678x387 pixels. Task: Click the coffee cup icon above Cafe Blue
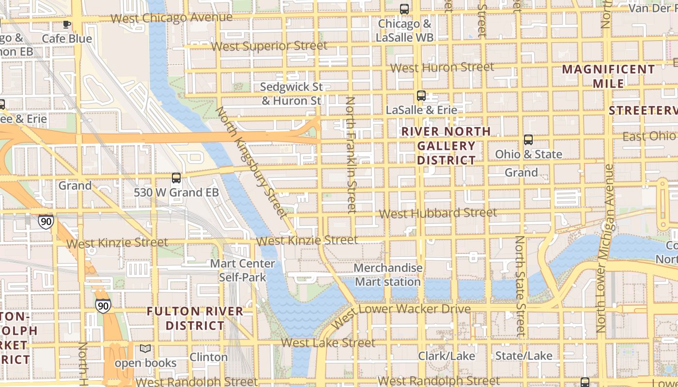pyautogui.click(x=67, y=24)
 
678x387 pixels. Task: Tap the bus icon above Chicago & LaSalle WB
pyautogui.click(x=404, y=9)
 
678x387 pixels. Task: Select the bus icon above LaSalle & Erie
pyautogui.click(x=421, y=96)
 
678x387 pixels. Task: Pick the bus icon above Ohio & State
pyautogui.click(x=528, y=140)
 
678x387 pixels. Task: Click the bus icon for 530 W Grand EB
pyautogui.click(x=176, y=178)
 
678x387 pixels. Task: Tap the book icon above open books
pyautogui.click(x=145, y=348)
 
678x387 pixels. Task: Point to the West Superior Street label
pyautogui.click(x=269, y=46)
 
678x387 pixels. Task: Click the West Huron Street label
pyautogui.click(x=442, y=68)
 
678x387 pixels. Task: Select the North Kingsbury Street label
pyautogui.click(x=251, y=162)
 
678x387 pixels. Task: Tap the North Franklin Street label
pyautogui.click(x=351, y=155)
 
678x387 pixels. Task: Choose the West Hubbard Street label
pyautogui.click(x=437, y=213)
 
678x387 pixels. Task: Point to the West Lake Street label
pyautogui.click(x=328, y=343)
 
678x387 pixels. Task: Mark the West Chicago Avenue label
pyautogui.click(x=171, y=18)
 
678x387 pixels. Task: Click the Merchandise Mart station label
pyautogui.click(x=388, y=275)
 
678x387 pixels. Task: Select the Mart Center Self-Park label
pyautogui.click(x=242, y=270)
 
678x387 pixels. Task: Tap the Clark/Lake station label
pyautogui.click(x=447, y=356)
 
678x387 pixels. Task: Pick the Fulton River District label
pyautogui.click(x=195, y=318)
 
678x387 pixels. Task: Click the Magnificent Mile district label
pyautogui.click(x=608, y=76)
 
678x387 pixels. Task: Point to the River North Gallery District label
pyautogui.click(x=446, y=146)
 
